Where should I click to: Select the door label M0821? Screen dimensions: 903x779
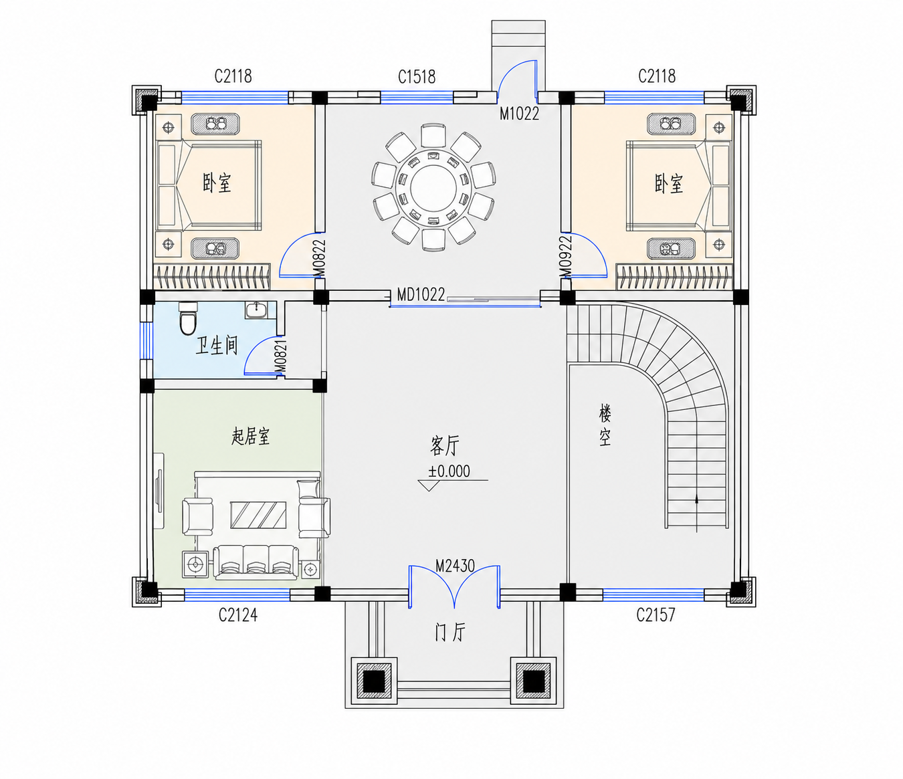coord(282,357)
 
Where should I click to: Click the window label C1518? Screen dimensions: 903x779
coord(416,77)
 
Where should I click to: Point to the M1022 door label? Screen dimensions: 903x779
coord(520,114)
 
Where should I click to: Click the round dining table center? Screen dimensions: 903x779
coord(433,187)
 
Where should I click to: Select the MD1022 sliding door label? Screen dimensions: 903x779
coord(421,295)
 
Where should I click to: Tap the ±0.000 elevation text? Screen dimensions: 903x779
coord(449,471)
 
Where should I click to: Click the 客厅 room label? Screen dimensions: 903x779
coord(445,446)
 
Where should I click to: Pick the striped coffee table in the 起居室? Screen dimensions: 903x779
coord(258,515)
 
